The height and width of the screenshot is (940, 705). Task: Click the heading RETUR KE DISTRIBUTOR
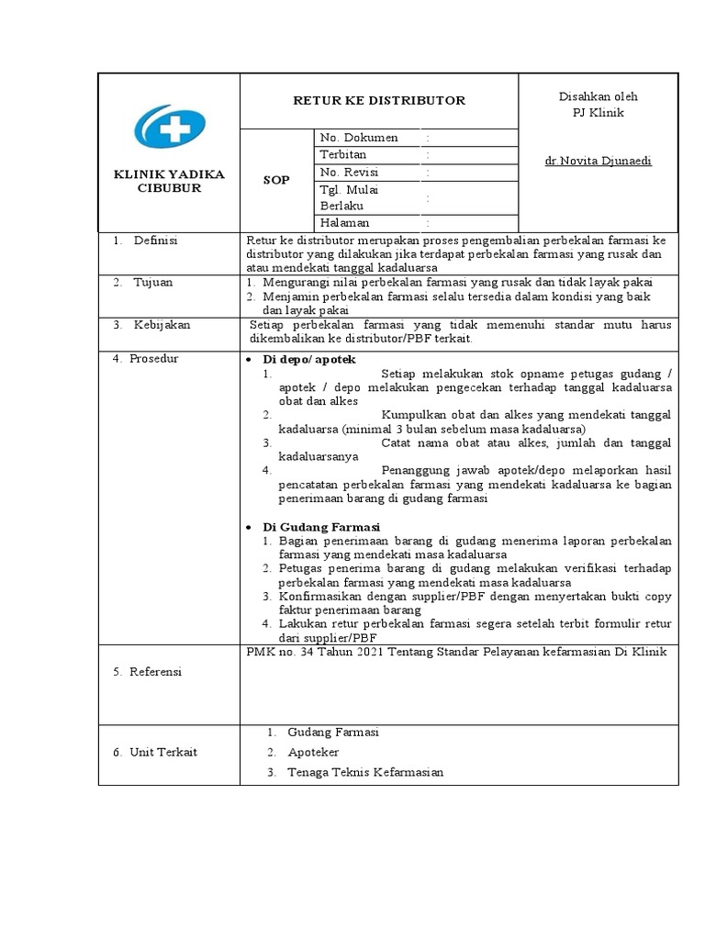tap(379, 100)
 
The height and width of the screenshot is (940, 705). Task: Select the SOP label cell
tap(276, 180)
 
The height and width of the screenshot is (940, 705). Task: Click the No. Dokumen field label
tap(358, 138)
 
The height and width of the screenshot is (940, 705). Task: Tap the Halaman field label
tap(345, 223)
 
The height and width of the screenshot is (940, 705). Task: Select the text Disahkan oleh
tap(598, 96)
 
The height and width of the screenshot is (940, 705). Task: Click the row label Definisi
tap(155, 241)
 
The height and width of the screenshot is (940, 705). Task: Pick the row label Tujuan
tap(152, 283)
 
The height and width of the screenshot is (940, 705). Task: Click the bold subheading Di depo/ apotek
tap(309, 359)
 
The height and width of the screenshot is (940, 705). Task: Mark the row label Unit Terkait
tap(162, 753)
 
